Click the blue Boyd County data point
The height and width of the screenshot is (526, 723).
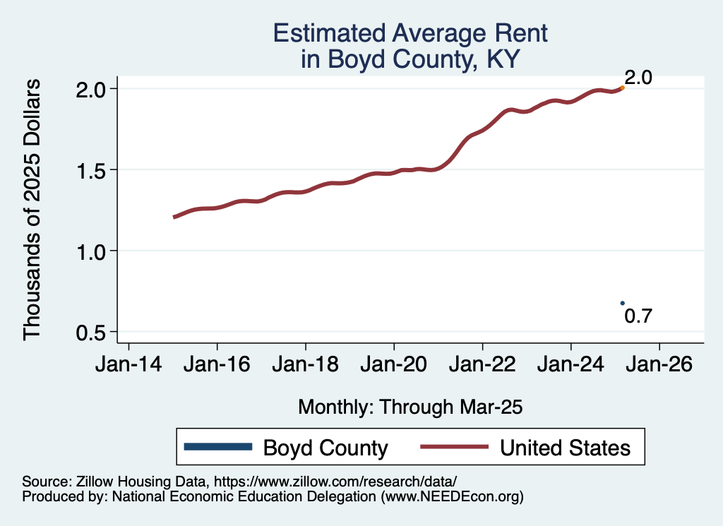(x=622, y=303)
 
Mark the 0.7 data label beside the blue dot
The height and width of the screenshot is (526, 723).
(x=638, y=316)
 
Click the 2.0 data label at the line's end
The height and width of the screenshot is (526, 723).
(x=638, y=77)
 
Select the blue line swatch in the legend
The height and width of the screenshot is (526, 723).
(x=217, y=447)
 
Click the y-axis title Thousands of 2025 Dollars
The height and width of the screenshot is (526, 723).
(x=32, y=210)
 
